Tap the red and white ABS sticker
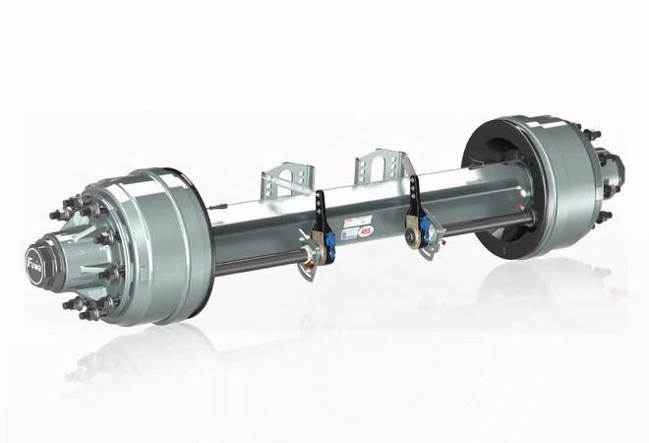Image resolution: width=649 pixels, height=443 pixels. pyautogui.click(x=367, y=230)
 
